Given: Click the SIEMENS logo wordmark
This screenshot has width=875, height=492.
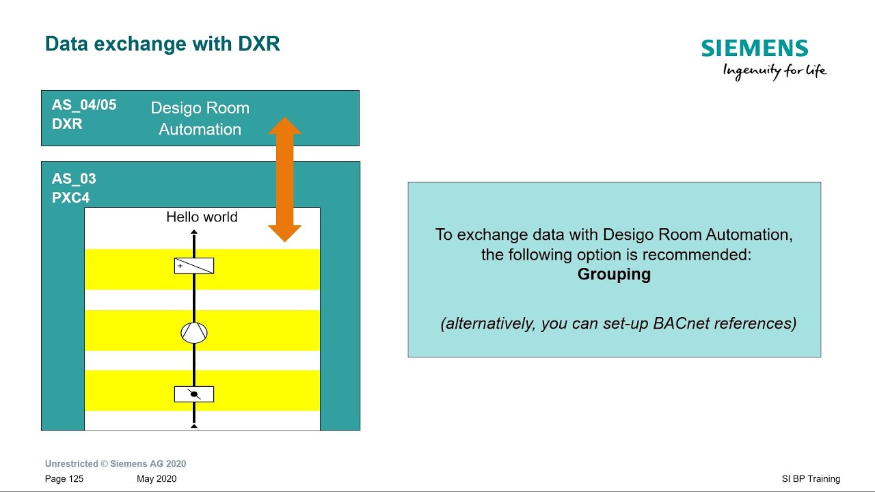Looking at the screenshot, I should pos(755,49).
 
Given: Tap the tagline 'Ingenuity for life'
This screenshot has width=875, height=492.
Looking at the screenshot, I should pos(775,71).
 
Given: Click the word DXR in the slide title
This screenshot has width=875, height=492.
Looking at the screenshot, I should pos(258,44).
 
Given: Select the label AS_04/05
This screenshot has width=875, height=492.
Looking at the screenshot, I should pos(84,105).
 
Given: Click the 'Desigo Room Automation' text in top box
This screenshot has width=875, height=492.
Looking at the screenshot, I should pos(200,118).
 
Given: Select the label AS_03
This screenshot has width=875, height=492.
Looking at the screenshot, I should pos(74,179).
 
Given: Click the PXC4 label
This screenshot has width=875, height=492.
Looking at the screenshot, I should pos(70,198).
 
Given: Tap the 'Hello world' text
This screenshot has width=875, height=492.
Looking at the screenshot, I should pos(202,217).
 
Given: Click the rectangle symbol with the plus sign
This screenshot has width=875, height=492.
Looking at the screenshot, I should pos(194,266).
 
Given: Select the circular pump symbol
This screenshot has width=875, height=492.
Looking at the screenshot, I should pos(194,333).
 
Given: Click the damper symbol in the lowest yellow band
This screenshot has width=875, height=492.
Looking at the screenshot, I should pos(194,394).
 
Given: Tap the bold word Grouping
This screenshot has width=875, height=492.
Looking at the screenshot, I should pos(614,275).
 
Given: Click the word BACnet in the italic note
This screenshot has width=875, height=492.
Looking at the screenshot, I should pos(685,323).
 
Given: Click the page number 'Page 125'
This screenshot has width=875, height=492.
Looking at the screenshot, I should pos(64,479).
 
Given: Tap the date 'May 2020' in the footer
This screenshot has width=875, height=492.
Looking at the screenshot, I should pos(157,479).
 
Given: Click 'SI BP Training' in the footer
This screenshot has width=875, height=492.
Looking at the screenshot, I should pos(811,479).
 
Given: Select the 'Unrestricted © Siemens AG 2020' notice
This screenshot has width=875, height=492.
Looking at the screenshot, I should pos(116,464).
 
